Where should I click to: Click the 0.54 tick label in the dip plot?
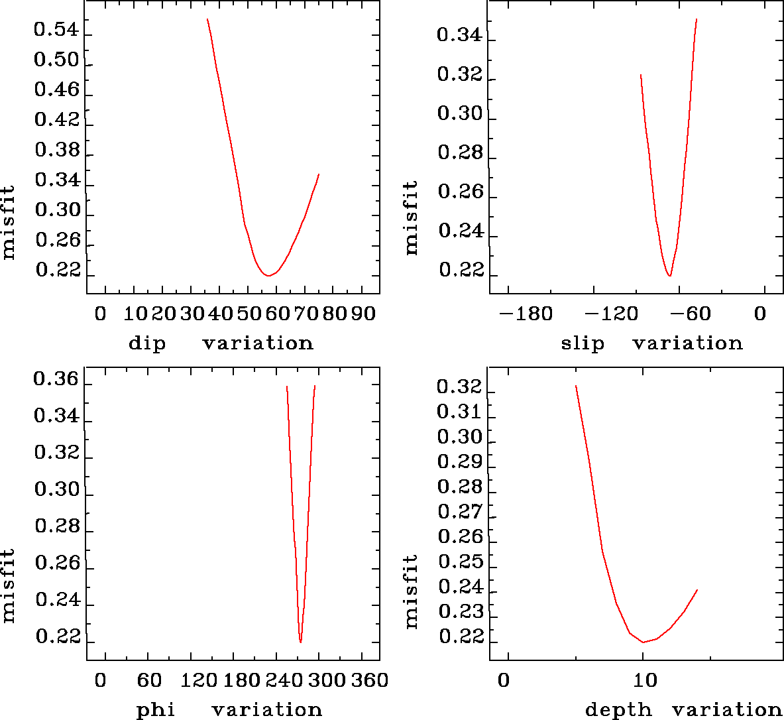pyautogui.click(x=56, y=30)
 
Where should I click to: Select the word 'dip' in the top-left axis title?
pyautogui.click(x=147, y=343)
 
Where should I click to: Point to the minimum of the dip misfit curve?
pyautogui.click(x=267, y=275)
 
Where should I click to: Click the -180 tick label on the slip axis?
pyautogui.click(x=526, y=314)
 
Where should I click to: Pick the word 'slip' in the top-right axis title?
pyautogui.click(x=583, y=343)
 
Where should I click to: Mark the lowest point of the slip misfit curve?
pyautogui.click(x=670, y=276)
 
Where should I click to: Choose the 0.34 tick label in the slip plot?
pyautogui.click(x=459, y=34)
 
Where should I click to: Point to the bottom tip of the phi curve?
pyautogui.click(x=300, y=642)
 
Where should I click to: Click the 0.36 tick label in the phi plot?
pyautogui.click(x=56, y=381)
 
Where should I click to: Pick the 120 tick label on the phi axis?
pyautogui.click(x=199, y=680)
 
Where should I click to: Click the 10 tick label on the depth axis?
pyautogui.click(x=645, y=680)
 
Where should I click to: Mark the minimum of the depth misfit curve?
pyautogui.click(x=643, y=642)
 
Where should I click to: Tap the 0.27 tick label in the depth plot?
pyautogui.click(x=459, y=512)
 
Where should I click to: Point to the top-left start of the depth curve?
pyautogui.click(x=576, y=386)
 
